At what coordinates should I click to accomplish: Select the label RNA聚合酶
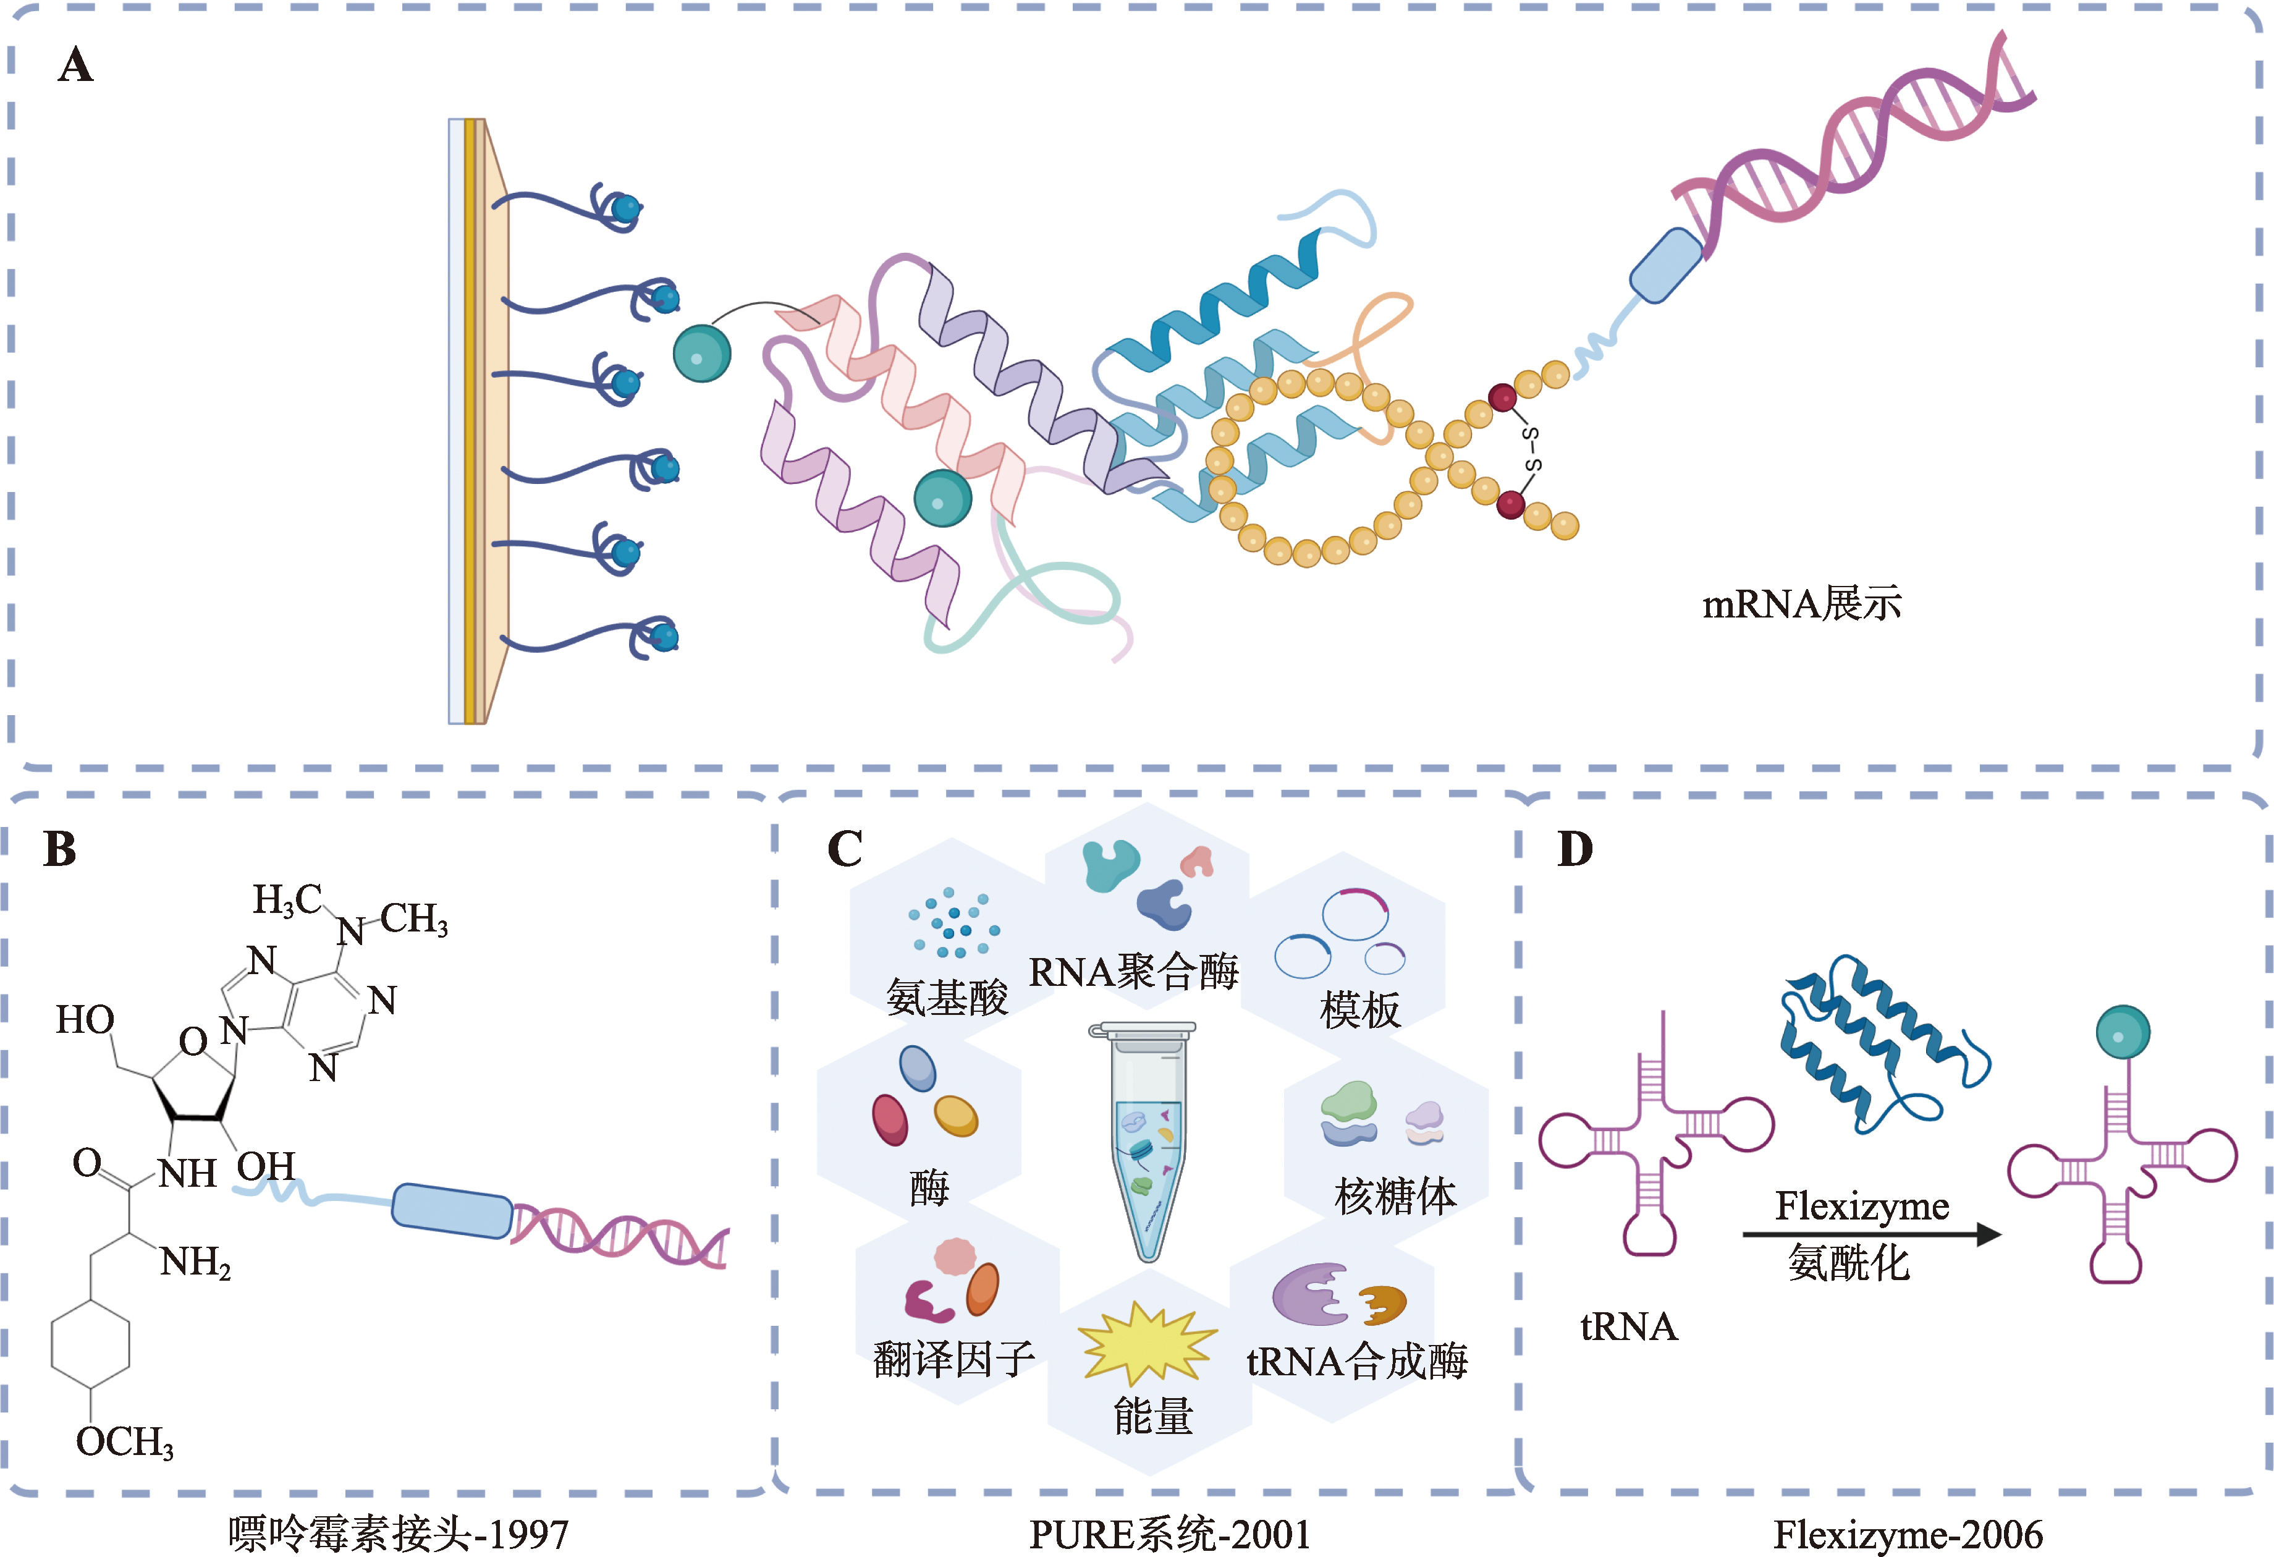(1133, 972)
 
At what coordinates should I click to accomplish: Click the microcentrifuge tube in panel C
(1147, 1140)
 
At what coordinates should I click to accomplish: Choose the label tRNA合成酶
(1356, 1361)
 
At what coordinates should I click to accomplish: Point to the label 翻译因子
(953, 1359)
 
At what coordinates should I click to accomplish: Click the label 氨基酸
(946, 997)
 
